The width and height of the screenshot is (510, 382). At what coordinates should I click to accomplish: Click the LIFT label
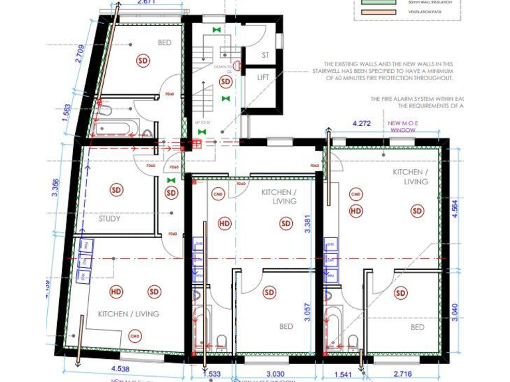tap(264, 78)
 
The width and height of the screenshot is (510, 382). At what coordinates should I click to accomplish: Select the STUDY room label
tap(110, 218)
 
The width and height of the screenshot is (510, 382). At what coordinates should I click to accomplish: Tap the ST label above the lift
tap(265, 55)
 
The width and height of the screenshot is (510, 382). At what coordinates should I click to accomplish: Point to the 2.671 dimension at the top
tap(146, 3)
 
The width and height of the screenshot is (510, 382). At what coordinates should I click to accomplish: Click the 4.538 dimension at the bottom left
tap(120, 369)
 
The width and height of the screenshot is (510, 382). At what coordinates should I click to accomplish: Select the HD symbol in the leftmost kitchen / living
tap(116, 291)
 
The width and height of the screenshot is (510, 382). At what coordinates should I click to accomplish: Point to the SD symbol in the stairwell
tap(226, 82)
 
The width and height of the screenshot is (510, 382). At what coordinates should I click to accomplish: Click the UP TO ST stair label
tap(202, 123)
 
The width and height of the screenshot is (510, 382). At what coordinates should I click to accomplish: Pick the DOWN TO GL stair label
tap(222, 69)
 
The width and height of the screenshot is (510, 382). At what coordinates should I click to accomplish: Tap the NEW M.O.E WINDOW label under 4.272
tap(402, 127)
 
